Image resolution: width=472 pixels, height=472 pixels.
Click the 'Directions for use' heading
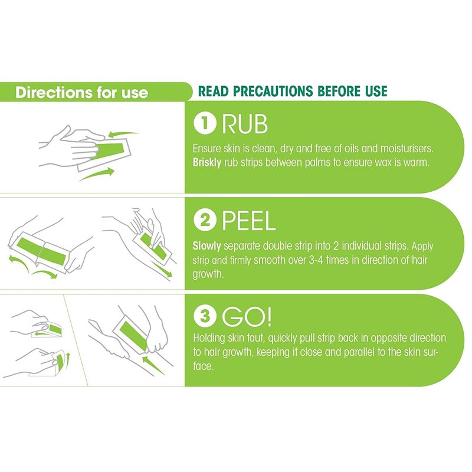coord(81,93)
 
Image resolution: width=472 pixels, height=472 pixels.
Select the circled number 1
coord(205,123)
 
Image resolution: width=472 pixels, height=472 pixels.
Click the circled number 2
coord(205,220)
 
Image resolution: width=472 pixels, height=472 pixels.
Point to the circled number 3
coord(205,316)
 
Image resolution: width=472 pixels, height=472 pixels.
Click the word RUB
coord(245,124)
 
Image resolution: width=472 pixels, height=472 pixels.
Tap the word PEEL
coord(248,221)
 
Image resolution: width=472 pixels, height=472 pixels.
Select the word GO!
coord(247,316)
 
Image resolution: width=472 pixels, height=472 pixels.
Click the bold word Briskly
coord(207,163)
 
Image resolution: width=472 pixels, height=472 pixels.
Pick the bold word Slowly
coord(206,246)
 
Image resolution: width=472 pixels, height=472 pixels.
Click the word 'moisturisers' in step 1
coord(407,149)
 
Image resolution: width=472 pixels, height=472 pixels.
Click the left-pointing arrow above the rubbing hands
coord(123,134)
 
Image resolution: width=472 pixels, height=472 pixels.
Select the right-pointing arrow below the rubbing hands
coord(97,174)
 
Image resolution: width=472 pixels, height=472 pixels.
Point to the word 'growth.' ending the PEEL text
coord(208,274)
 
